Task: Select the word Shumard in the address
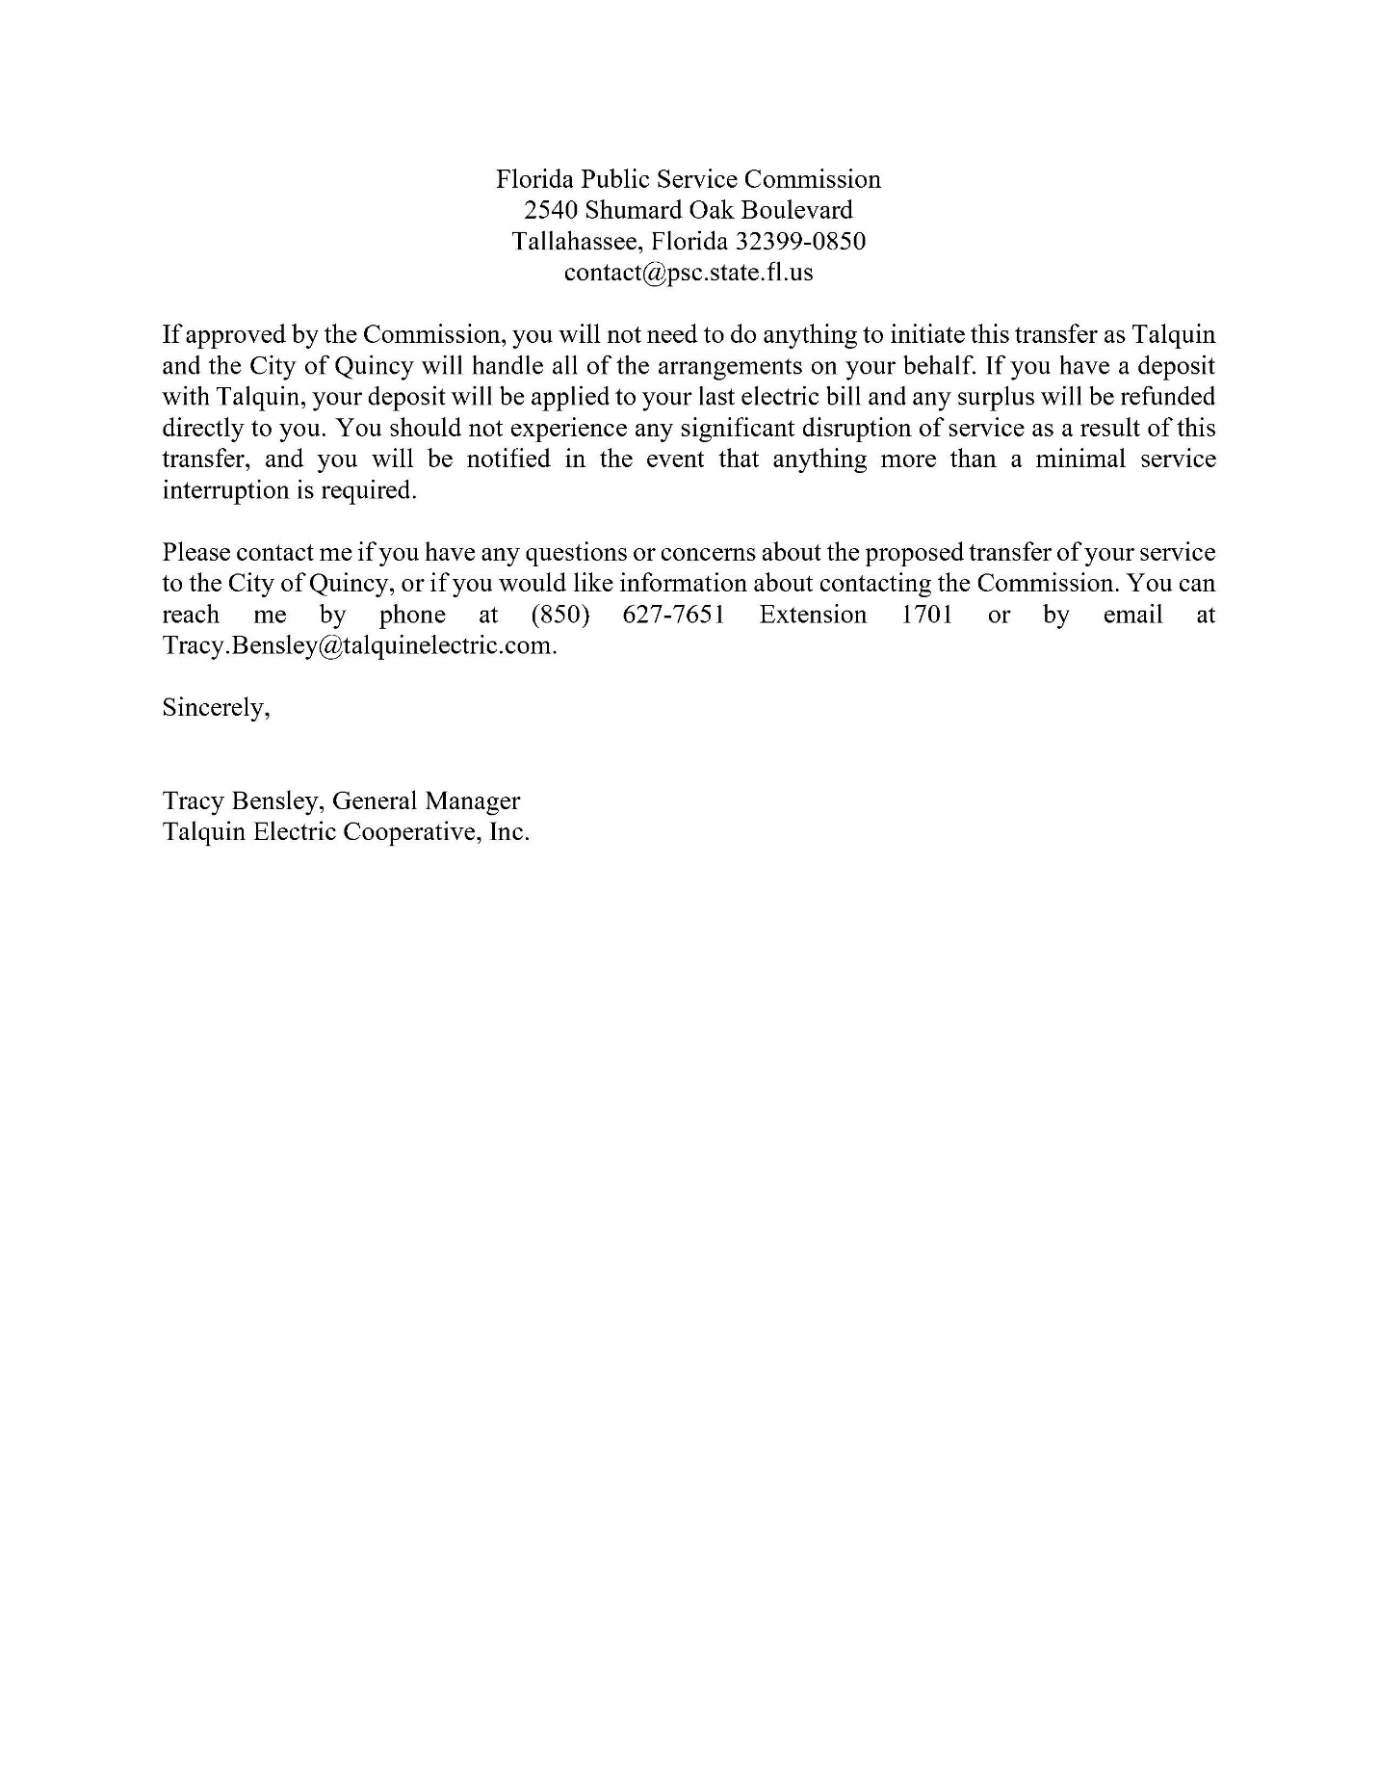(631, 210)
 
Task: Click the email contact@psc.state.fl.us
(689, 273)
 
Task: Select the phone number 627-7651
(673, 615)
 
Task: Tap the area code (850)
(559, 615)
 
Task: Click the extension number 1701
(926, 615)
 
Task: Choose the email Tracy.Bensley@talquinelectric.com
(358, 645)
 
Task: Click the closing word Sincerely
(214, 708)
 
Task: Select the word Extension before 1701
(813, 615)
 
